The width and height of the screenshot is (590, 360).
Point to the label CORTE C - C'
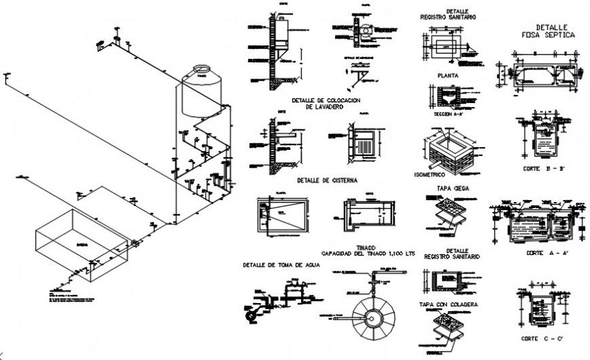[545, 337]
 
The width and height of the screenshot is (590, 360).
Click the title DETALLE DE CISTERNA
[327, 181]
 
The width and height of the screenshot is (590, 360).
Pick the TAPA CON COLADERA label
[449, 305]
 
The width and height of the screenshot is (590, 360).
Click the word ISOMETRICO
[430, 174]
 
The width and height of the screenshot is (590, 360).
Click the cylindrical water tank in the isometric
[201, 95]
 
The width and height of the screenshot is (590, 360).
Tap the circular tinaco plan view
[370, 318]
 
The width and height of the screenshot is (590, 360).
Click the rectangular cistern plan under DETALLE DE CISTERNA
[279, 216]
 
